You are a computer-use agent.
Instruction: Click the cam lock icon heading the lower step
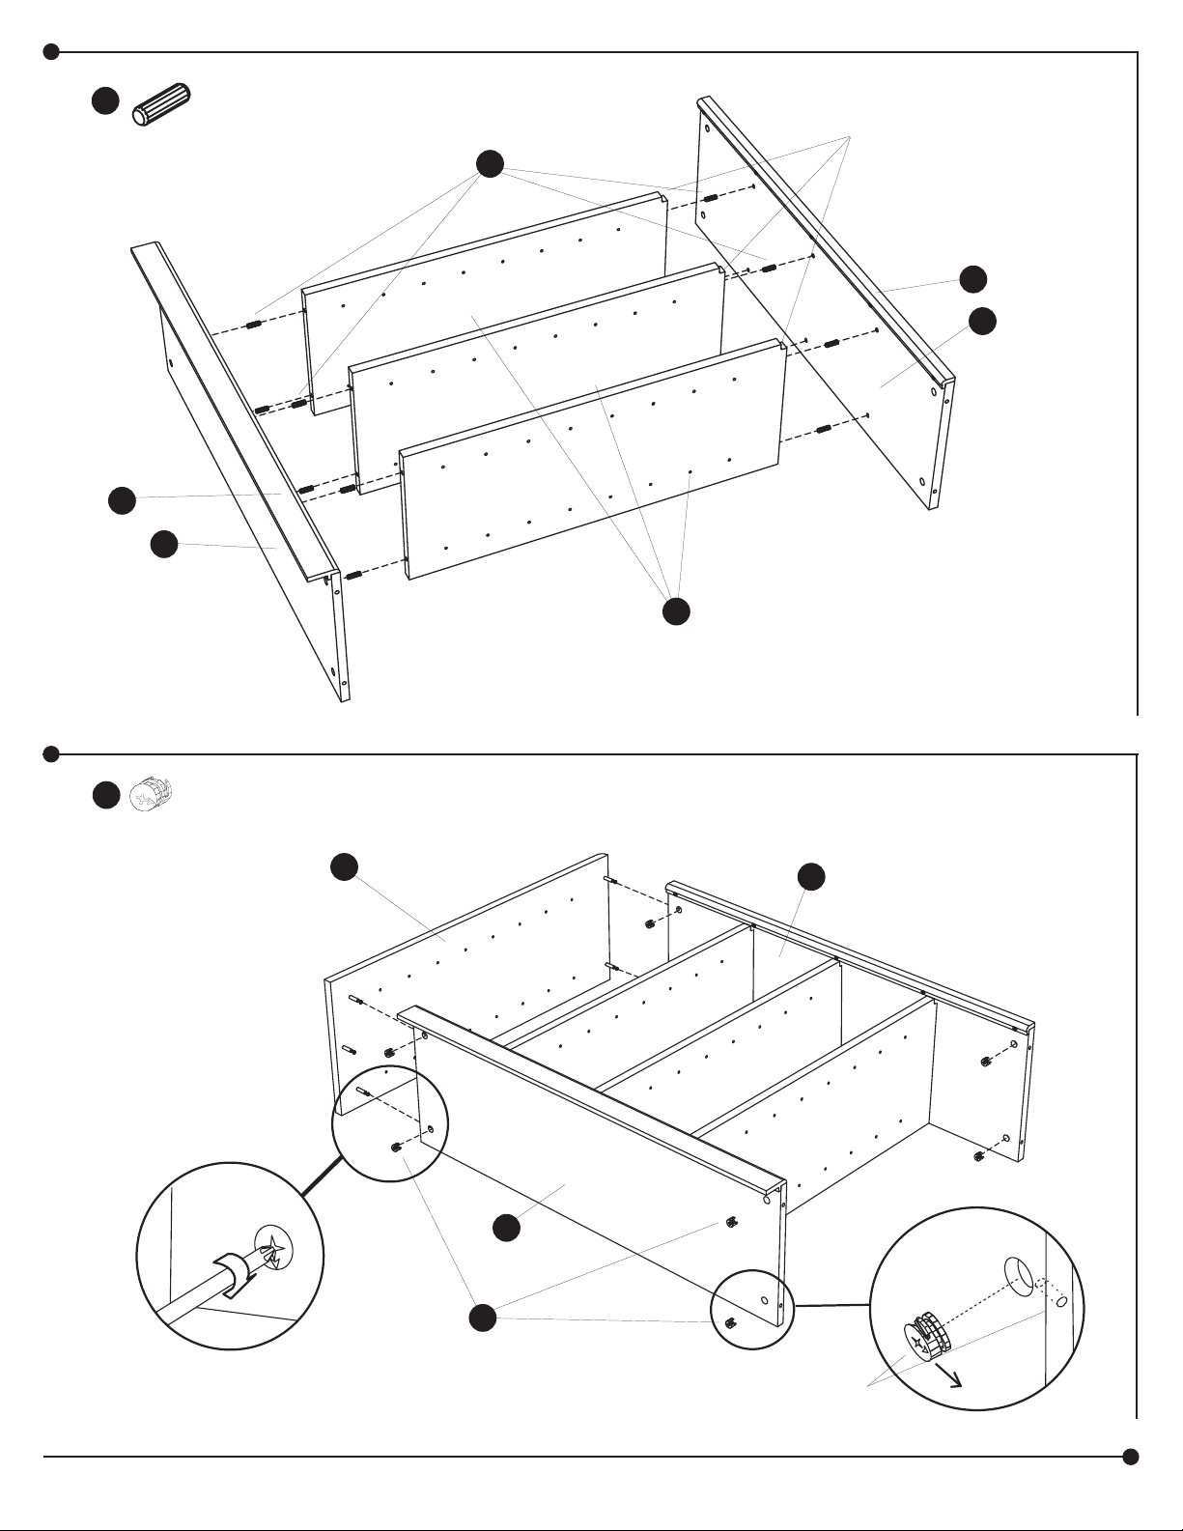[151, 794]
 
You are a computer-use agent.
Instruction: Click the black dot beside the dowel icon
[105, 100]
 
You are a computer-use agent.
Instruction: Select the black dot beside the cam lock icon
[105, 795]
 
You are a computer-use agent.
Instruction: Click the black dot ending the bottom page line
[1131, 1457]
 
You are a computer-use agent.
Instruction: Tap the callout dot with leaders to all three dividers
[676, 611]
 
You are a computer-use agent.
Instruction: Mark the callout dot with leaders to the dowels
[490, 164]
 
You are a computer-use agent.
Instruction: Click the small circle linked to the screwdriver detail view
[390, 1125]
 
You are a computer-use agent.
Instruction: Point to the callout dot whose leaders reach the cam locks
[482, 1317]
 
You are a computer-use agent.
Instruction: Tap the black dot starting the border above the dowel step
[52, 51]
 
